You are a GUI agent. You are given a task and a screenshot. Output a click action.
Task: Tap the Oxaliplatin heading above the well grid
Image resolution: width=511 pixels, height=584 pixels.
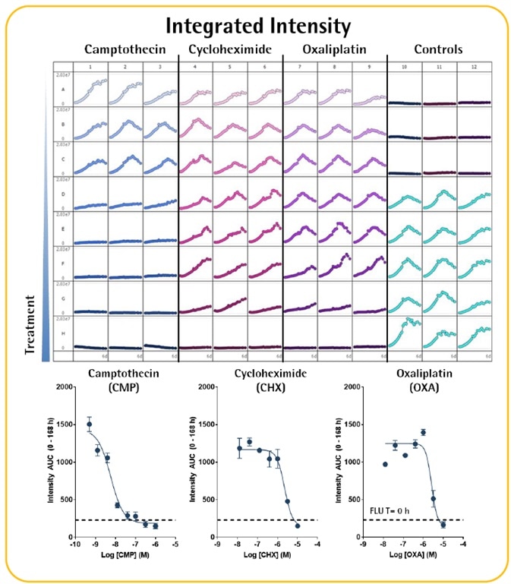click(x=334, y=51)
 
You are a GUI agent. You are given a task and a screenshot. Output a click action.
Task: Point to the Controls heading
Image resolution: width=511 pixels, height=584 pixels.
click(x=440, y=51)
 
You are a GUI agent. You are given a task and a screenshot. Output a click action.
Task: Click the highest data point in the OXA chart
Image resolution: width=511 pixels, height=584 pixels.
click(x=423, y=432)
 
